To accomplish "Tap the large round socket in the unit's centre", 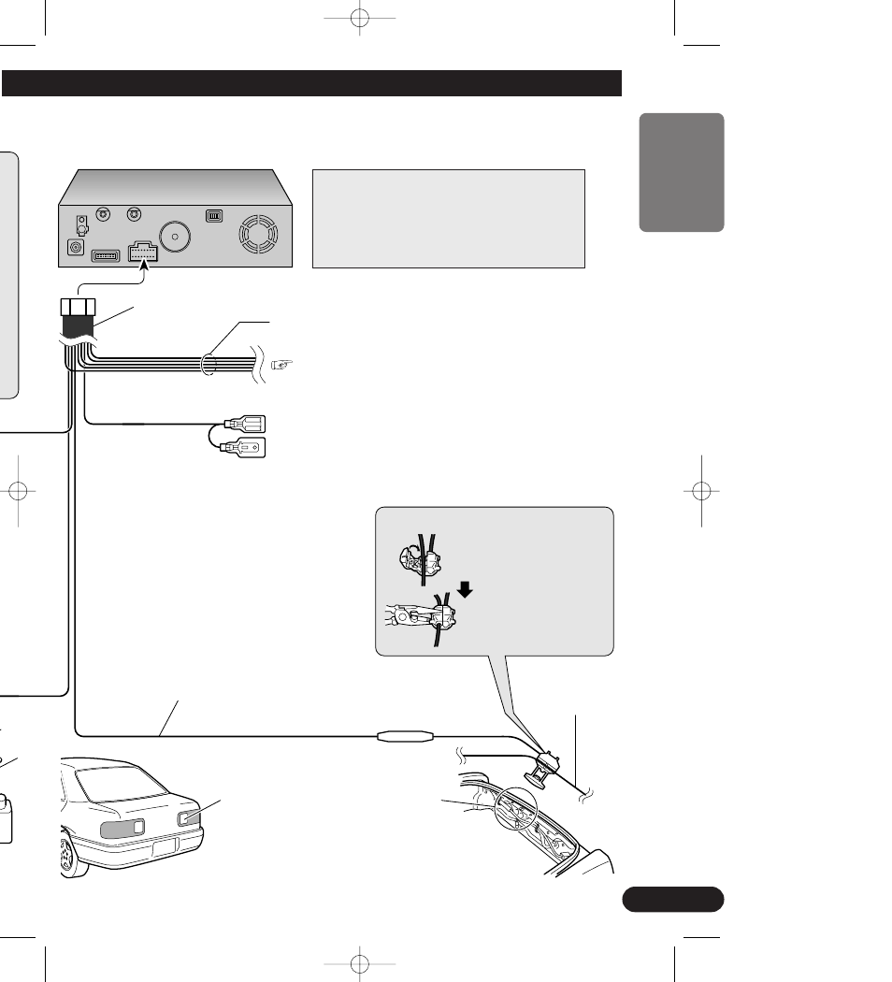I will [x=175, y=236].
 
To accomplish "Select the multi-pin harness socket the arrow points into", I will [x=144, y=253].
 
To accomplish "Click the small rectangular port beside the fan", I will [x=214, y=214].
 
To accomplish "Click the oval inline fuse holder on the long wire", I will [x=404, y=737].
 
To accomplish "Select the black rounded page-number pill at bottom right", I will [x=671, y=899].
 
